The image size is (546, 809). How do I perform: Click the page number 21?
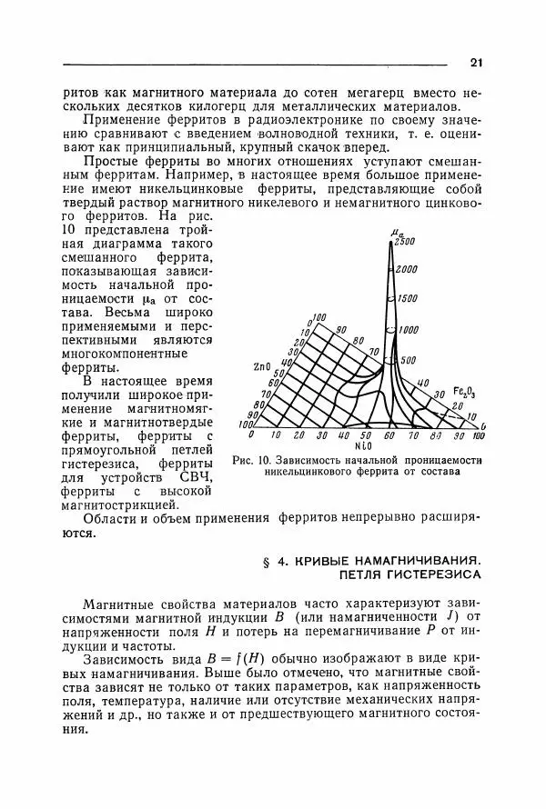pyautogui.click(x=475, y=63)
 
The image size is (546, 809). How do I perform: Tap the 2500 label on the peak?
pyautogui.click(x=406, y=241)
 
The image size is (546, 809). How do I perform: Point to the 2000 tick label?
pyautogui.click(x=407, y=269)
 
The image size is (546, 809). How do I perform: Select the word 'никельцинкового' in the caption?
pyautogui.click(x=309, y=473)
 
